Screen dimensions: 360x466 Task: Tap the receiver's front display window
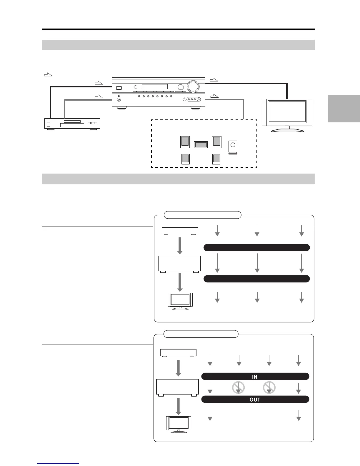pyautogui.click(x=155, y=87)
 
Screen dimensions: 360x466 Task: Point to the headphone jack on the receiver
pyautogui.click(x=119, y=100)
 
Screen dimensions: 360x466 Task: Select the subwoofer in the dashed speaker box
pyautogui.click(x=233, y=147)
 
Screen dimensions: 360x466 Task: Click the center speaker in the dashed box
pyautogui.click(x=201, y=144)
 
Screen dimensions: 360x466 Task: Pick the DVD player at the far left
pyautogui.click(x=72, y=124)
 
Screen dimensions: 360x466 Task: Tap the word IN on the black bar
pyautogui.click(x=255, y=377)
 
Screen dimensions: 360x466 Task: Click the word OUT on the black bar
pyautogui.click(x=255, y=400)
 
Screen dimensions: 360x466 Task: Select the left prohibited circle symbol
pyautogui.click(x=239, y=388)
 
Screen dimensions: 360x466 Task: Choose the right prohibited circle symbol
pyautogui.click(x=269, y=388)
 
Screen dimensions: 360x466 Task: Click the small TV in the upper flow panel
pyautogui.click(x=180, y=300)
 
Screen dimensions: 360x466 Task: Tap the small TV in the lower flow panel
pyautogui.click(x=179, y=424)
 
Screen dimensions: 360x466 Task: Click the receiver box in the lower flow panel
pyautogui.click(x=177, y=387)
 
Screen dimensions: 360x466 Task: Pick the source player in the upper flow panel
pyautogui.click(x=180, y=231)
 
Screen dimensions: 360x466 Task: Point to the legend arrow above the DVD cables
pyautogui.click(x=48, y=75)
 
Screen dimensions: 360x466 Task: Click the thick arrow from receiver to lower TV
pyautogui.click(x=178, y=406)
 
